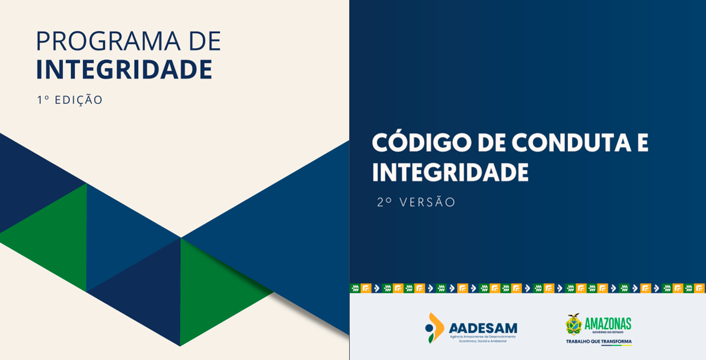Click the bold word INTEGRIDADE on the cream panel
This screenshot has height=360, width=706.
coord(124,69)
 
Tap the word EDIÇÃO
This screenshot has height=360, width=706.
coord(79,100)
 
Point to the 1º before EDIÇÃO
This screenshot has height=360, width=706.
coord(43,100)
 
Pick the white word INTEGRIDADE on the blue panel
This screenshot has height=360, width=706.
coord(450,173)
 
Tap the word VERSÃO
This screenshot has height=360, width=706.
coord(427,202)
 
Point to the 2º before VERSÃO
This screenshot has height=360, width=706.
coord(385,202)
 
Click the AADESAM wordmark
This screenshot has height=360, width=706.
coord(483,328)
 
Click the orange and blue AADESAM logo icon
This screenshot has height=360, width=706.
coord(435,327)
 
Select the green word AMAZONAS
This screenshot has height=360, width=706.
coord(608,323)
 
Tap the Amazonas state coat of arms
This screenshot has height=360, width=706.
coord(573,324)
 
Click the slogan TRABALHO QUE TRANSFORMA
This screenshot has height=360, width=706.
coord(599,342)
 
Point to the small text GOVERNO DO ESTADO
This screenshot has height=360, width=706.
coord(608,333)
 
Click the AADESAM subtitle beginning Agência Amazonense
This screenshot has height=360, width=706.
coord(483,339)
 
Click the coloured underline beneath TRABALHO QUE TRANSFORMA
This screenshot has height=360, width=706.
coord(616,346)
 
